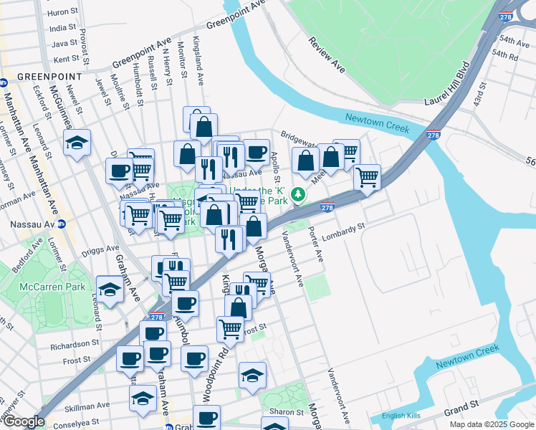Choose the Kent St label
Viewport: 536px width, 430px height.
tap(65, 59)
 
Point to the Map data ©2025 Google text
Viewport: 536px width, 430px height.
tap(491, 425)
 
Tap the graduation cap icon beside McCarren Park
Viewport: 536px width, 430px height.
tap(110, 289)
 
